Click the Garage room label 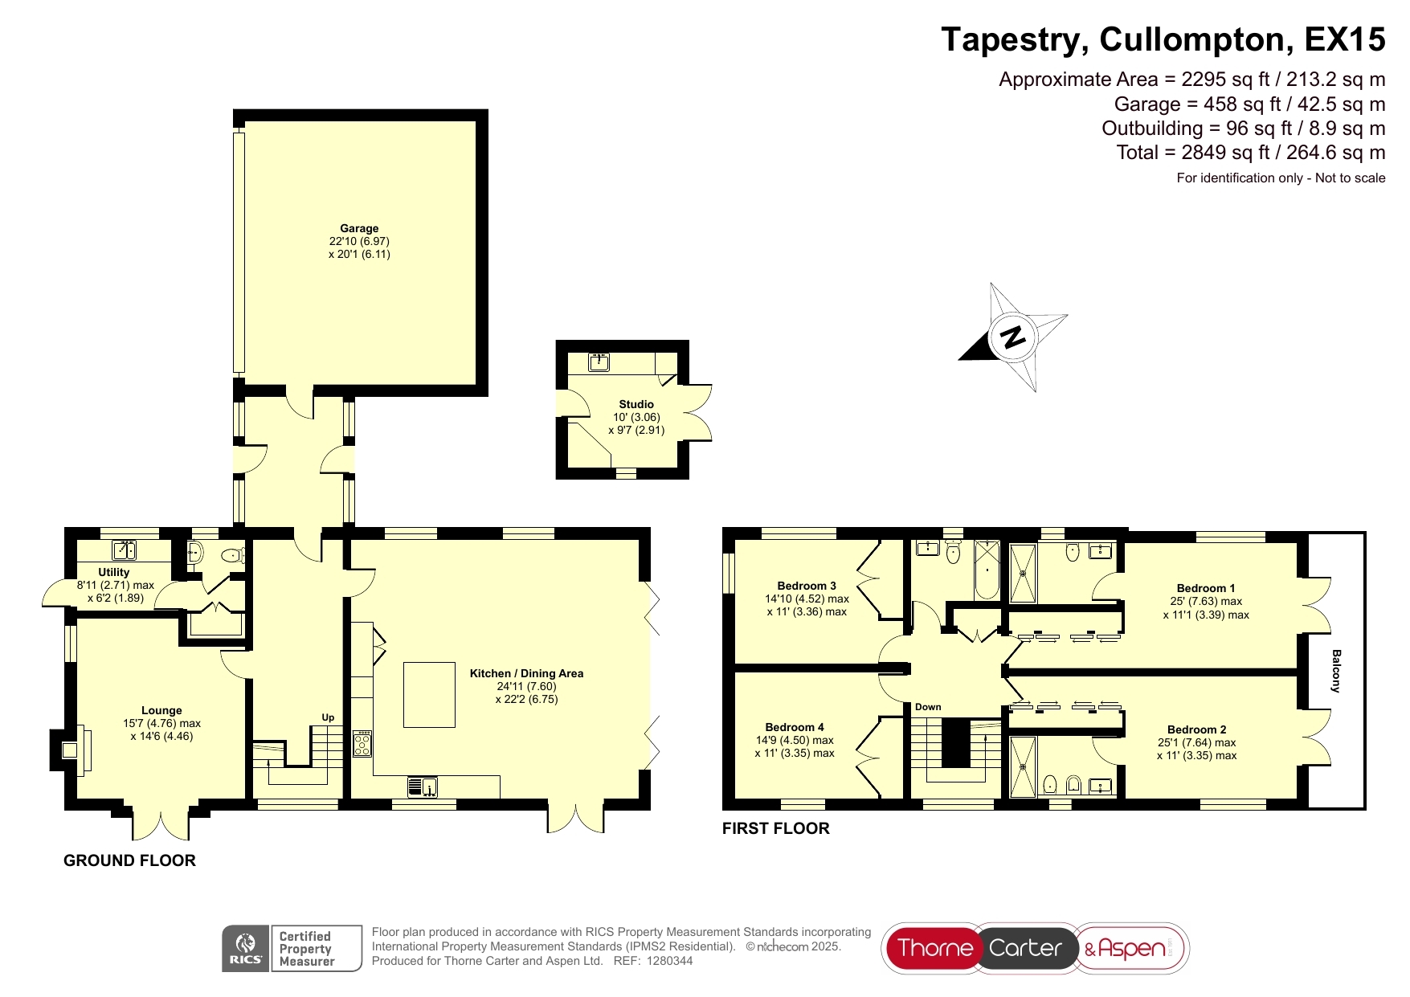tap(359, 228)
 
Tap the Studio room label tap(636, 404)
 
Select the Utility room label tap(114, 572)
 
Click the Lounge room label tap(161, 710)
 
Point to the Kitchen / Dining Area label tap(526, 673)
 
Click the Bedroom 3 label tap(807, 586)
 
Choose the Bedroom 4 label tap(795, 727)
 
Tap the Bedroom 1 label tap(1206, 588)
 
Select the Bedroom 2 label tap(1197, 729)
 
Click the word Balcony tap(1336, 671)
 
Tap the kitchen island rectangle tap(429, 694)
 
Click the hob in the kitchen tap(362, 743)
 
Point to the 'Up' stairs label tap(328, 717)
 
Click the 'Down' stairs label tap(928, 707)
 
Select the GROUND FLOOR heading tap(129, 860)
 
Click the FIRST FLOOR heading tap(776, 828)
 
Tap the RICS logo tap(246, 949)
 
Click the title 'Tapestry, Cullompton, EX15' tap(1163, 39)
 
